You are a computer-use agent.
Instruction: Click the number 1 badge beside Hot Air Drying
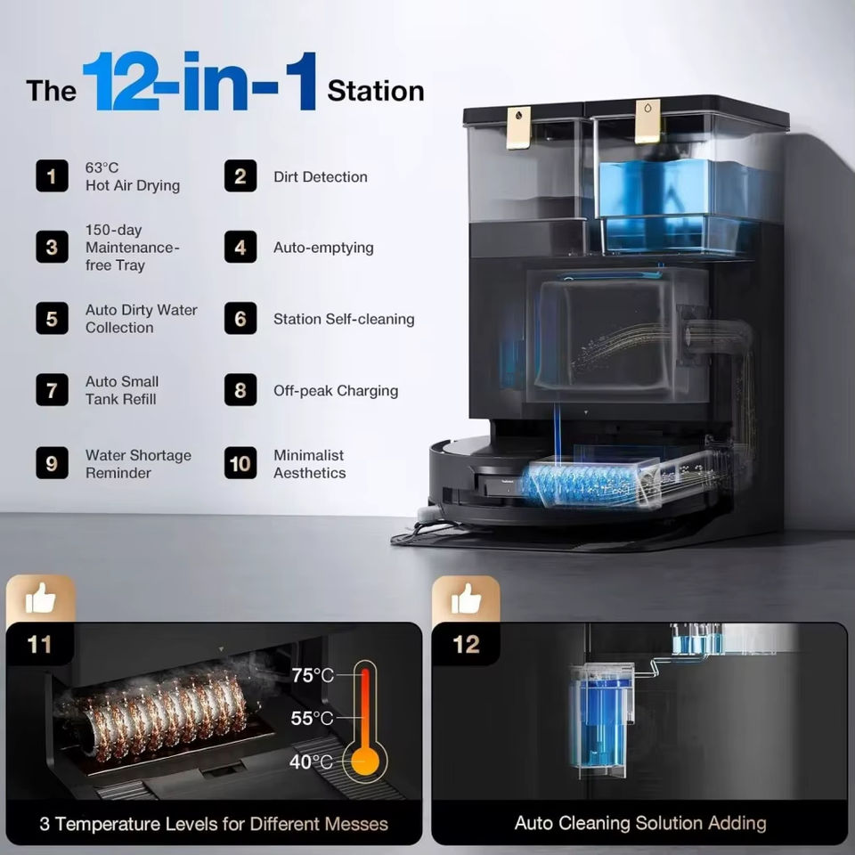(52, 175)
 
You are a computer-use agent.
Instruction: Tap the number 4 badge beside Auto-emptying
(240, 247)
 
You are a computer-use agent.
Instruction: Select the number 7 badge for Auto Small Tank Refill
(52, 390)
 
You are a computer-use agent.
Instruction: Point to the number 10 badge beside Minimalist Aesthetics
(240, 463)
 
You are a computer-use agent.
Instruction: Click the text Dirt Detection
(321, 176)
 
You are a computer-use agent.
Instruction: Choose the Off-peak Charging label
(336, 390)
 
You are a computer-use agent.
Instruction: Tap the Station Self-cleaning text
(344, 319)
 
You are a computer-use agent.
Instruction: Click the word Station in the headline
(376, 91)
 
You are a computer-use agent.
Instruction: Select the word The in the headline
(52, 91)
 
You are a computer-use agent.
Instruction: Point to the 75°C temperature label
(312, 675)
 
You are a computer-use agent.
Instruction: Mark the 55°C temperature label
(312, 718)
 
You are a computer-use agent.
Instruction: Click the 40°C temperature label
(311, 761)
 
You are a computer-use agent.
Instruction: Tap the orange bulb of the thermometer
(365, 761)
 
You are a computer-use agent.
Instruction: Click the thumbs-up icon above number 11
(40, 599)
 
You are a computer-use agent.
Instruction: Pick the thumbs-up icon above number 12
(466, 599)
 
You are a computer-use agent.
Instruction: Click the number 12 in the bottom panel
(466, 644)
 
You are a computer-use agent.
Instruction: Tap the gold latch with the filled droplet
(518, 127)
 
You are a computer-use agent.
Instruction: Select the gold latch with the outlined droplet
(647, 121)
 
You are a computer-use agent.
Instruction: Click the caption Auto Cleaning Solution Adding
(640, 823)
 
